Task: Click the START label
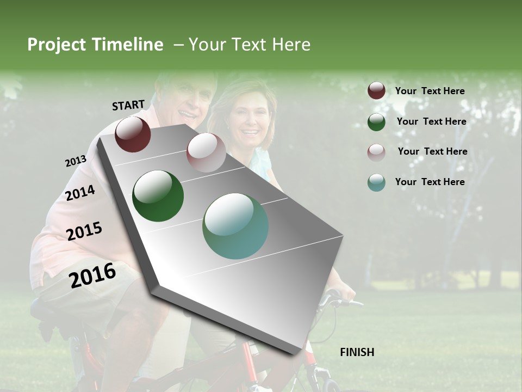click(x=128, y=105)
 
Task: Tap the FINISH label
click(x=357, y=352)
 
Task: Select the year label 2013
click(x=76, y=161)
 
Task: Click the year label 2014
click(x=80, y=193)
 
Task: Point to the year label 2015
click(x=84, y=231)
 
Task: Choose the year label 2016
click(x=93, y=275)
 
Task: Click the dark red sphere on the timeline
click(x=133, y=134)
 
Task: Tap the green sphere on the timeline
click(x=158, y=196)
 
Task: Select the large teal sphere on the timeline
click(x=235, y=226)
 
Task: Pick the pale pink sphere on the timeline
click(x=206, y=152)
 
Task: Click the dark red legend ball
click(x=376, y=91)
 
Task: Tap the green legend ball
click(x=376, y=122)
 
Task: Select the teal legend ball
click(x=376, y=182)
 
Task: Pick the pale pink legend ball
click(x=376, y=152)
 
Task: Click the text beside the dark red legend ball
click(x=430, y=91)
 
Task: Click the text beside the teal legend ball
click(x=430, y=182)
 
